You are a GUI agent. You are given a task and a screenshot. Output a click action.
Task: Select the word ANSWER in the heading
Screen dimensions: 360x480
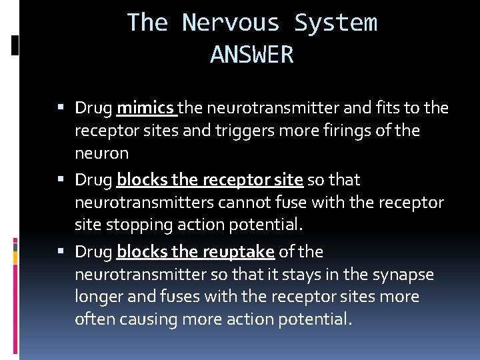252,55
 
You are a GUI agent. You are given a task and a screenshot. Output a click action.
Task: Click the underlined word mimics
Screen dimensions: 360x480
145,108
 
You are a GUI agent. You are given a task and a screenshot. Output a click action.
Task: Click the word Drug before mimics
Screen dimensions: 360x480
93,108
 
